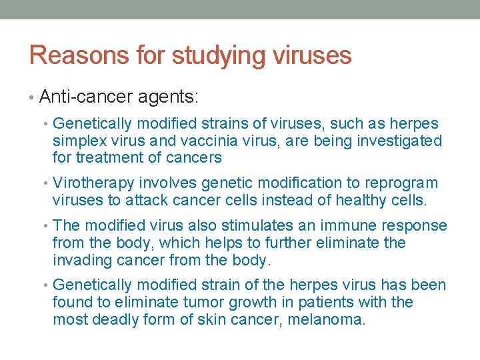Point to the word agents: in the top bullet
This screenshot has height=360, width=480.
[x=168, y=97]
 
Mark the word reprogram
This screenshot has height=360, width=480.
[x=405, y=183]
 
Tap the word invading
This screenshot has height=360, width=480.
[x=82, y=259]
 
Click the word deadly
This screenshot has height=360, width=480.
[x=117, y=319]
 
